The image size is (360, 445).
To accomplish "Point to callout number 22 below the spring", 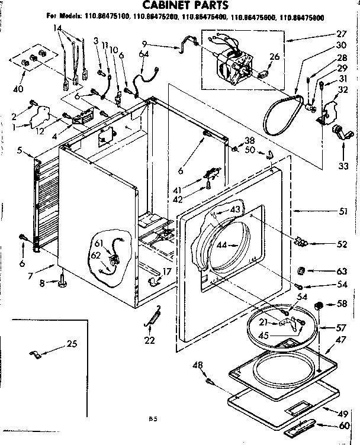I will tap(149, 340).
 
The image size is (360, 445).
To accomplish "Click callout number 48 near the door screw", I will tap(198, 365).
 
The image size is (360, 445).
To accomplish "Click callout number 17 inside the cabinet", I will tap(167, 272).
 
